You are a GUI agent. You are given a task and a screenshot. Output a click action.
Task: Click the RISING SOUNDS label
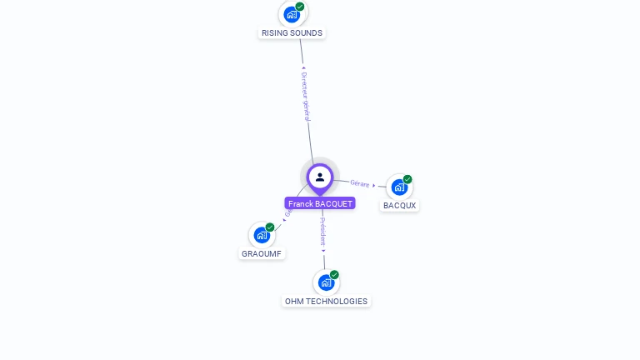[292, 33]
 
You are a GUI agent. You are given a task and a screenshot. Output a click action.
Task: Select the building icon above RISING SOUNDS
[291, 14]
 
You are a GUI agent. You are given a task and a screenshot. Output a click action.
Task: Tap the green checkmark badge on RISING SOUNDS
[300, 7]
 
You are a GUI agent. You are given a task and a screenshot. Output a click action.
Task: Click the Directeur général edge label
[305, 96]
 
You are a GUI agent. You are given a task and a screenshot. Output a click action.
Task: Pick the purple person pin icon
[320, 177]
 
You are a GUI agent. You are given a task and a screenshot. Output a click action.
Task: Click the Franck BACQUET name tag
[320, 203]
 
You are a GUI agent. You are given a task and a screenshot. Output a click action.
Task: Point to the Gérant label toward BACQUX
[359, 183]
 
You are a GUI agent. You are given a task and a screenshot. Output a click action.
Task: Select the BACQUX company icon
[399, 187]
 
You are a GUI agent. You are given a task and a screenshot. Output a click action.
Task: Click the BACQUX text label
[400, 206]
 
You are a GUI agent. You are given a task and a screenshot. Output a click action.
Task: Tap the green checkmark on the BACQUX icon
[407, 179]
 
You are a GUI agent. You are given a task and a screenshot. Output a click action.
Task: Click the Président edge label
[323, 232]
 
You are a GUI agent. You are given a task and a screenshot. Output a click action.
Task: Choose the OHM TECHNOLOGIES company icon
[326, 282]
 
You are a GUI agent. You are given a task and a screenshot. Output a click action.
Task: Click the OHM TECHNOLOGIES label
[326, 302]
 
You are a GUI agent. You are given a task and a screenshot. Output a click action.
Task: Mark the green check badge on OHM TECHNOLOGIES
[334, 275]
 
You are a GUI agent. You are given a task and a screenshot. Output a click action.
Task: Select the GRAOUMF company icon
[262, 235]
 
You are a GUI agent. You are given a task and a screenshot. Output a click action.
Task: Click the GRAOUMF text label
[262, 253]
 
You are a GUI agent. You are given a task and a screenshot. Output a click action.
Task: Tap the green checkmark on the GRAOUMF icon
[270, 227]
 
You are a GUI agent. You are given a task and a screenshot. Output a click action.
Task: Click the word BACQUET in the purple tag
[334, 203]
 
